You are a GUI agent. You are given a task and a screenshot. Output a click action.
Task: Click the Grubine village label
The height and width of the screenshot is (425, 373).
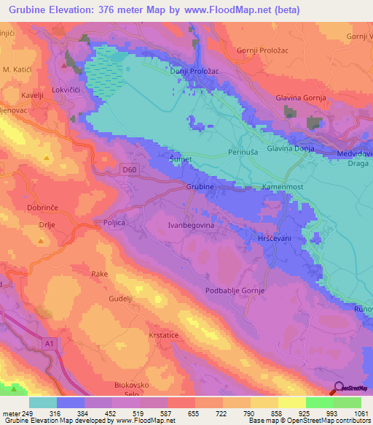200,187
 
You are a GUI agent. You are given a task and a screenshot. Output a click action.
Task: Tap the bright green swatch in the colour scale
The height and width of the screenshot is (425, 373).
319,402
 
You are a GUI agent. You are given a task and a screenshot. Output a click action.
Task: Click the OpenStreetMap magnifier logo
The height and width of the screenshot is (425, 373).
339,389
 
